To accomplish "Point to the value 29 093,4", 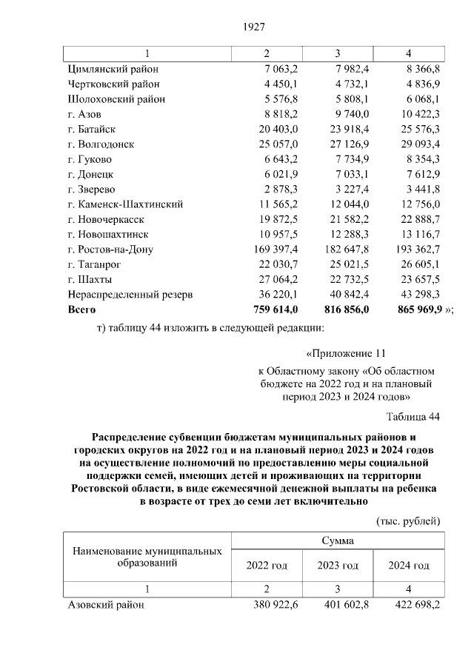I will [x=419, y=144].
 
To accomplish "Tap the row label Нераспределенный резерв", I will [x=130, y=294].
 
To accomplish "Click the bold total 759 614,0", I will [x=274, y=309].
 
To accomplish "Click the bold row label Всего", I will [x=82, y=309].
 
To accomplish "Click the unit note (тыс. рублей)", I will [x=409, y=520].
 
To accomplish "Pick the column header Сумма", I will [x=337, y=540].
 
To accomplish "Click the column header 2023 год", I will [x=338, y=566].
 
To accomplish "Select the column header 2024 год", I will [x=409, y=566].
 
